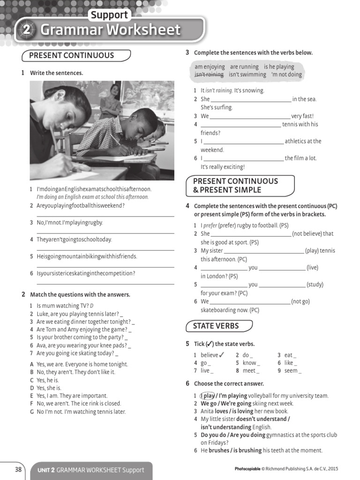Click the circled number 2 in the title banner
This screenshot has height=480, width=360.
[26, 30]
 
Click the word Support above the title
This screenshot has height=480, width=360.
[109, 15]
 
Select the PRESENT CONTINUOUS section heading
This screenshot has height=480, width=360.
[71, 55]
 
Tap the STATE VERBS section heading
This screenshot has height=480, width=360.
[216, 326]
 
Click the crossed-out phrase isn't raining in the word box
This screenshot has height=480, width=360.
[209, 75]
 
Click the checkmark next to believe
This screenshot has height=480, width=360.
[222, 354]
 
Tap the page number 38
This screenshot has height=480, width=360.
[18, 469]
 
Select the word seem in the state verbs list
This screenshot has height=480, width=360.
[291, 371]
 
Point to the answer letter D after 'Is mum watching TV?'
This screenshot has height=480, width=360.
[92, 306]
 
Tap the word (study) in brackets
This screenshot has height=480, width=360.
[315, 285]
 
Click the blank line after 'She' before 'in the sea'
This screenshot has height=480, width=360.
[251, 99]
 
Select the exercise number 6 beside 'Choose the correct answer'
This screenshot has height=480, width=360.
[187, 383]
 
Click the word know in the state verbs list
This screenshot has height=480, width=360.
[249, 363]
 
